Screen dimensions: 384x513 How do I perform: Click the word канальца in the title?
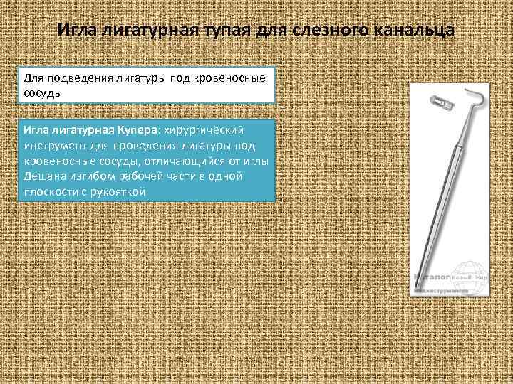(x=410, y=31)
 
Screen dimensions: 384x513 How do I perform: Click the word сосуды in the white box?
(x=43, y=92)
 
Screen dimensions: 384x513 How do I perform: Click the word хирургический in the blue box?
(x=204, y=130)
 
